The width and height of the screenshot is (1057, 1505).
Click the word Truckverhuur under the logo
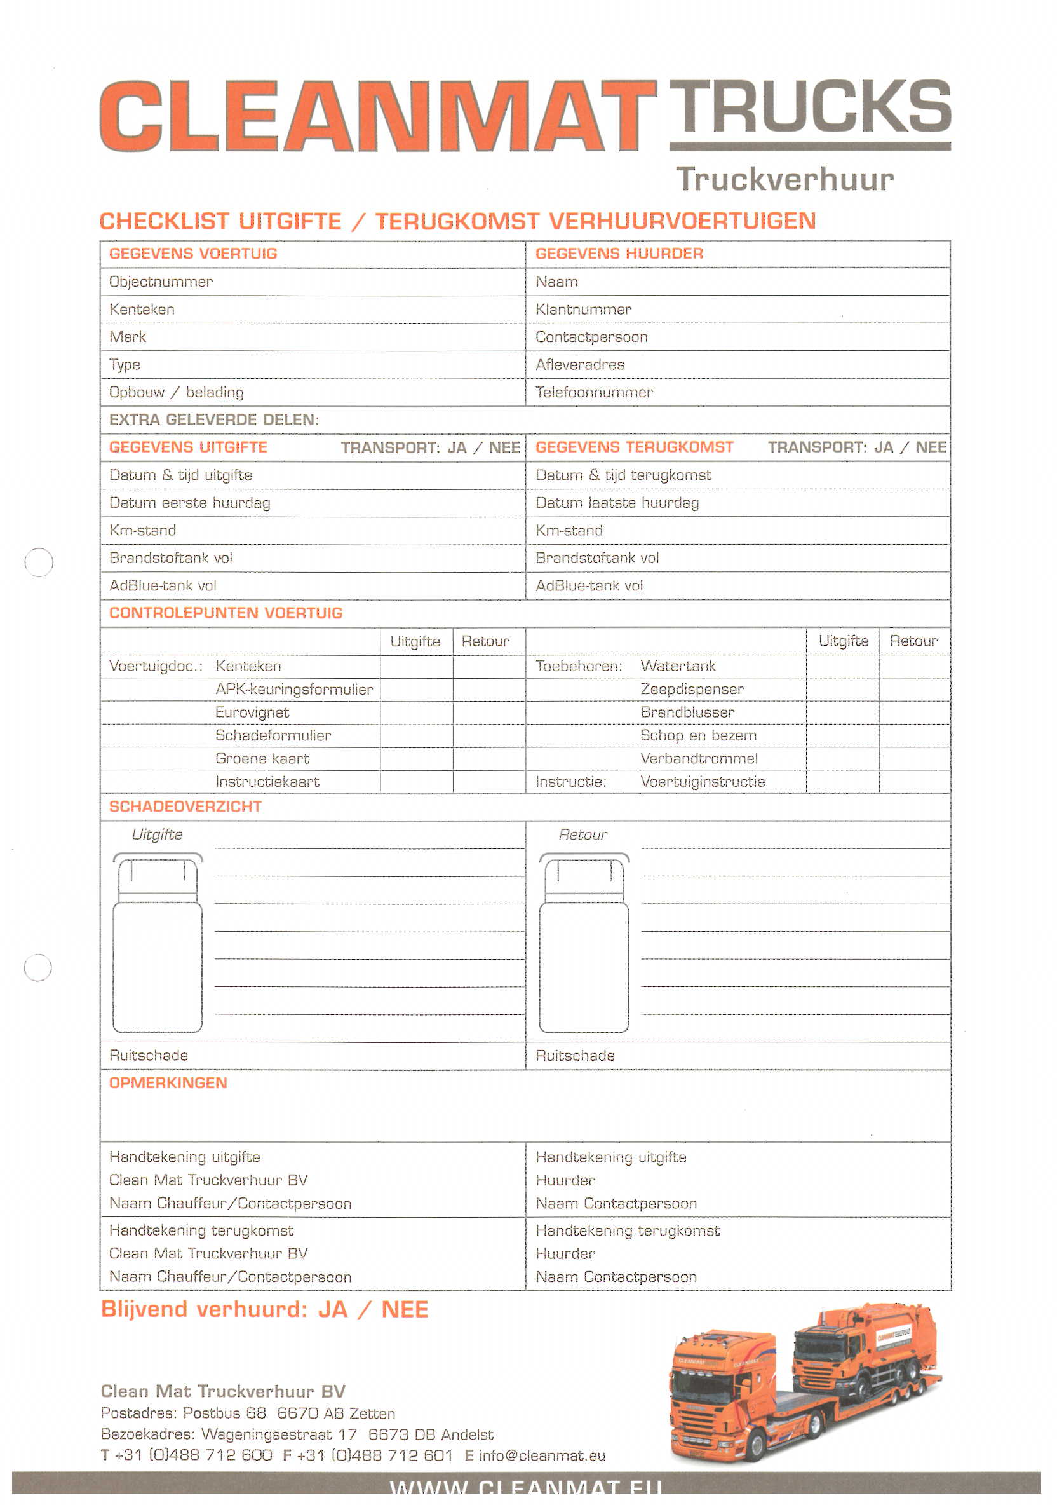coord(784,179)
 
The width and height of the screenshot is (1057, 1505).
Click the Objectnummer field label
coord(161,282)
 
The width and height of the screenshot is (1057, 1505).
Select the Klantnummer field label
coord(582,310)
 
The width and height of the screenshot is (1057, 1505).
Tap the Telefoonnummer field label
coord(594,392)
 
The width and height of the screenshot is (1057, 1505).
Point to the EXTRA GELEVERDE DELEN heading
coord(213,419)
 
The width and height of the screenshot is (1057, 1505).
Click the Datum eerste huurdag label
coord(189,503)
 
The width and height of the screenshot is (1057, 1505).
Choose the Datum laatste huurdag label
coord(617,503)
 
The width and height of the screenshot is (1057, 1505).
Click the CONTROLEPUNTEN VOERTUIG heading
coord(226,613)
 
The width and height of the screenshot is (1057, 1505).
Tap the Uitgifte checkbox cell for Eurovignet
coord(415,712)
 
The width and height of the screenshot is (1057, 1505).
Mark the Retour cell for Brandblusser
coord(913,712)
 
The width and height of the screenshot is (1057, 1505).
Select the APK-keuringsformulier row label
coord(293,690)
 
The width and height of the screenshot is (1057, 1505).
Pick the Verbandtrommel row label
coord(699,758)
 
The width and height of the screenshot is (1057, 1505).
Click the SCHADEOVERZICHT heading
coord(185,807)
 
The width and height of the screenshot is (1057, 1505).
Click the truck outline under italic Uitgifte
coord(158,943)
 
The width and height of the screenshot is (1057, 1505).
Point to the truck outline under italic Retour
coord(583,943)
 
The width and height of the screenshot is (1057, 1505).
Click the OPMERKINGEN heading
coord(168,1083)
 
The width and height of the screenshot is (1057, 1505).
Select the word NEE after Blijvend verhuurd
coord(405,1310)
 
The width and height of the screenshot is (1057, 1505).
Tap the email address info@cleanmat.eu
coord(542,1456)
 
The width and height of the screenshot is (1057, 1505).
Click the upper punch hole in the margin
coord(39,562)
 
